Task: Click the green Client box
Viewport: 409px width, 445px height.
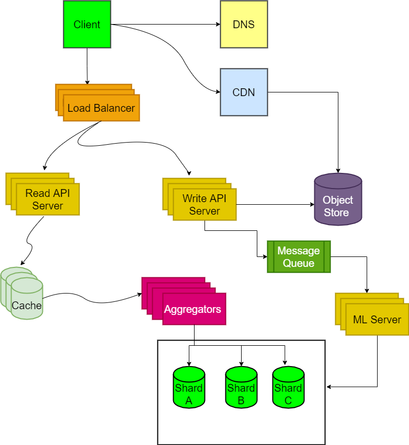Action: [x=87, y=25]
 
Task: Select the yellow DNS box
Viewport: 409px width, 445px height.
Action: [x=244, y=25]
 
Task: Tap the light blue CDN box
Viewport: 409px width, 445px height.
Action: [x=244, y=92]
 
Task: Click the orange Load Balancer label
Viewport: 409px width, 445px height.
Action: [x=101, y=109]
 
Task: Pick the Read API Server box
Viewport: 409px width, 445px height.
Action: [x=48, y=199]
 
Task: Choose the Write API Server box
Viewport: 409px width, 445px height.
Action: [x=204, y=204]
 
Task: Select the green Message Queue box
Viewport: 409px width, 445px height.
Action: [x=299, y=257]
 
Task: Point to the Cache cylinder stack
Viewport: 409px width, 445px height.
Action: [x=26, y=299]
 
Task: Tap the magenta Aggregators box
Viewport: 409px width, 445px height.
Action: [x=194, y=309]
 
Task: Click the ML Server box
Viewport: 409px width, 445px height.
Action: [x=377, y=319]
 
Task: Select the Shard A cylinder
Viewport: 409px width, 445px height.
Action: [x=189, y=388]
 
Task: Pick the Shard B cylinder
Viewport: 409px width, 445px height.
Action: [x=241, y=388]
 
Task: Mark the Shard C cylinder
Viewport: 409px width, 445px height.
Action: [x=288, y=388]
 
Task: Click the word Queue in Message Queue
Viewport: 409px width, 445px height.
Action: [x=299, y=263]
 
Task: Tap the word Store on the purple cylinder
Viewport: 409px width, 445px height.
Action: [x=336, y=213]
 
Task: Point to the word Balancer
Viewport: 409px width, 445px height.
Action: [x=113, y=109]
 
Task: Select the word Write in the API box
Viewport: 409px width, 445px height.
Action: [x=194, y=198]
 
